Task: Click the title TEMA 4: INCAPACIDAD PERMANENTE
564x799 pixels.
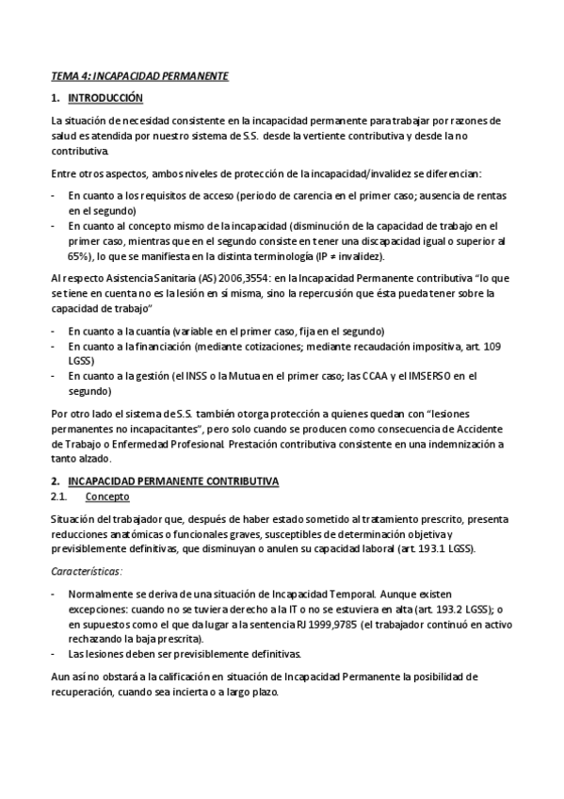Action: coord(139,74)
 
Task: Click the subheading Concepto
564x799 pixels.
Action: coord(107,497)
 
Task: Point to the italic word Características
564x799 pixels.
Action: coord(87,572)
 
